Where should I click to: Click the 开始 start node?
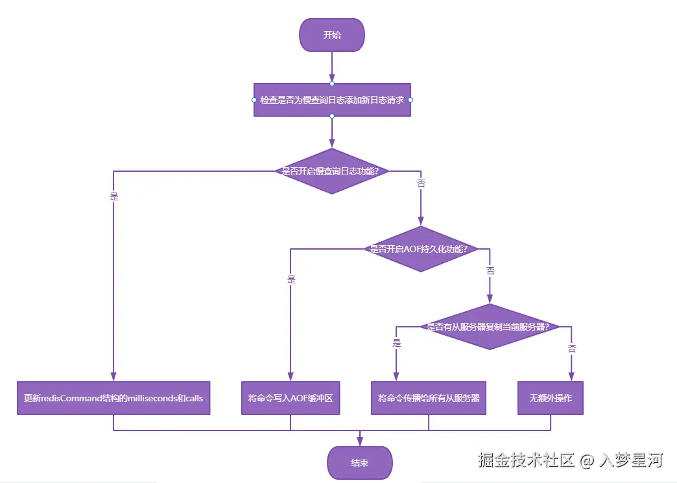(x=332, y=35)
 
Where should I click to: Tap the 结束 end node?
(x=360, y=463)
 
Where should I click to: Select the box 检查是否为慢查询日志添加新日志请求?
(x=332, y=100)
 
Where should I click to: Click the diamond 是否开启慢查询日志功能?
(x=332, y=171)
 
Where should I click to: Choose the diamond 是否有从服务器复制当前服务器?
(x=490, y=327)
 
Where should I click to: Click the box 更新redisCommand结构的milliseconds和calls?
(x=113, y=398)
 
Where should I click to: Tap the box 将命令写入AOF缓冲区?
(x=291, y=398)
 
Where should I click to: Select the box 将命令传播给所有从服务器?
(x=429, y=398)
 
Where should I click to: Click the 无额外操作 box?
(x=551, y=398)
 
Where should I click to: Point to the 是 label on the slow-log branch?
(x=115, y=196)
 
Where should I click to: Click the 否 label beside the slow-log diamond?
(x=421, y=183)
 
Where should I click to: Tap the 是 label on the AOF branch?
(x=291, y=279)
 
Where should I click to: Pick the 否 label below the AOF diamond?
(x=490, y=270)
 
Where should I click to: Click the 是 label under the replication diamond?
(x=397, y=343)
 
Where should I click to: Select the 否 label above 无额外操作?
(x=572, y=348)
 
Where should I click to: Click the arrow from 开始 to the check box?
(x=332, y=67)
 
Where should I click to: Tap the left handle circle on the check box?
(x=254, y=100)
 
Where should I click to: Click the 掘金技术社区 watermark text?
(x=527, y=460)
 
